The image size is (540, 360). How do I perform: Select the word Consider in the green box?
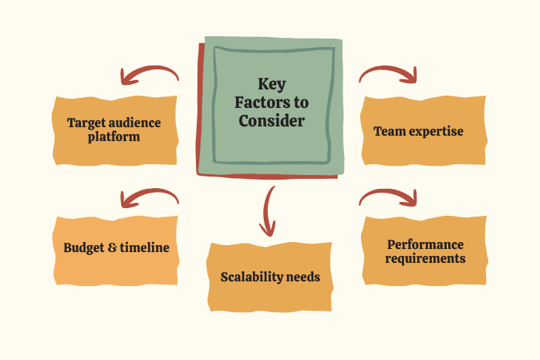tap(271, 121)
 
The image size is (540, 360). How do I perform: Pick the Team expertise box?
tap(424, 131)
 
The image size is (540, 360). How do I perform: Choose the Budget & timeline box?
tap(116, 248)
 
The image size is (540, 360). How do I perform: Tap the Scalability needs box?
tap(270, 277)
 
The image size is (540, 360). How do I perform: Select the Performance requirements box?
tap(426, 251)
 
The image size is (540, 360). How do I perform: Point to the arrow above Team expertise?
tap(389, 74)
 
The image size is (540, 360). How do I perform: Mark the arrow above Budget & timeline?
tap(148, 197)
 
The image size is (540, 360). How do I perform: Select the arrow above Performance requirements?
tap(389, 197)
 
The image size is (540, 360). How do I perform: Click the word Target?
tap(86, 123)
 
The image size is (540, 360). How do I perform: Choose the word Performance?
tap(426, 244)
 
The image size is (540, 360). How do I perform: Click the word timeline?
tap(142, 248)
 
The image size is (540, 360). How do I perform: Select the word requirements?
tap(426, 258)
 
